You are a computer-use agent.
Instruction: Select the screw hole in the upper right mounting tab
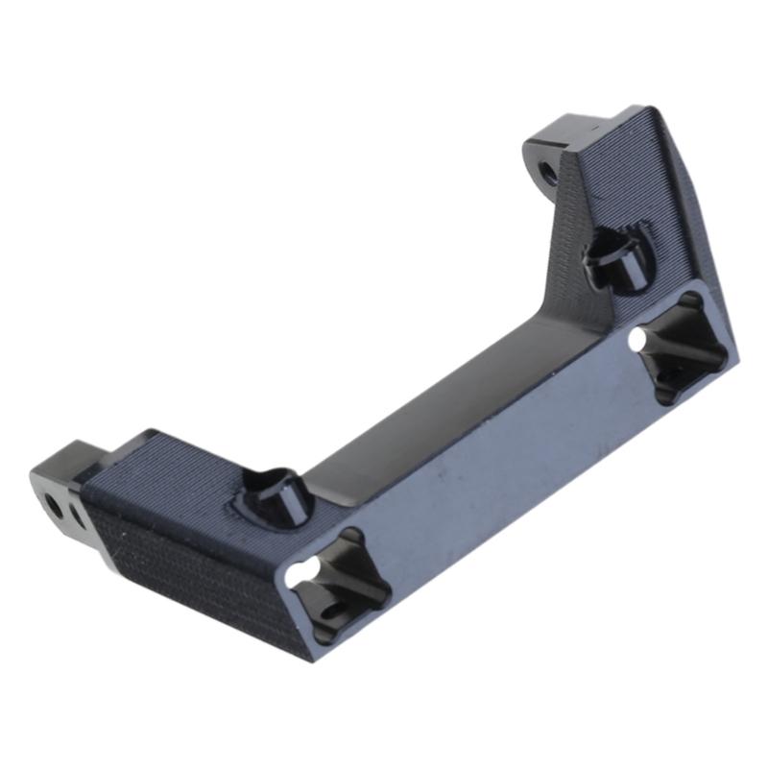point(547,173)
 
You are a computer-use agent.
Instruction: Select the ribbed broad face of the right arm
point(614,192)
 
